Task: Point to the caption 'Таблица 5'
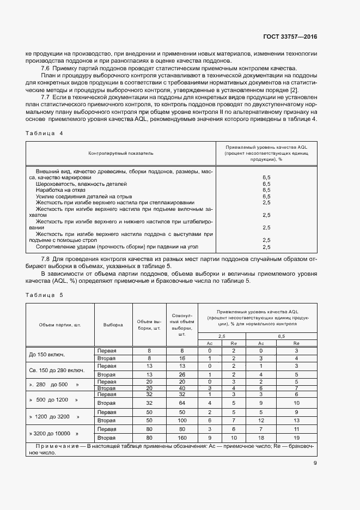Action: tap(40, 295)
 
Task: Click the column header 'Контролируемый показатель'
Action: tap(120, 154)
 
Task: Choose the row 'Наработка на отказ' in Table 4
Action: tap(61, 190)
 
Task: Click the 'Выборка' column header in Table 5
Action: tap(113, 325)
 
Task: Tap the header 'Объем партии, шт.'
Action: tap(60, 325)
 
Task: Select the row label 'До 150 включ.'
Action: tap(47, 355)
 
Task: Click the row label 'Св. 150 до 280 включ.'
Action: tap(57, 371)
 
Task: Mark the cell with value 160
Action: tap(182, 438)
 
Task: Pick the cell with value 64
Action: tap(182, 403)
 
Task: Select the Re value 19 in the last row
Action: tap(296, 438)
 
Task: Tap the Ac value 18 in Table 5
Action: tap(261, 438)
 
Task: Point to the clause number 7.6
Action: tap(46, 68)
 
